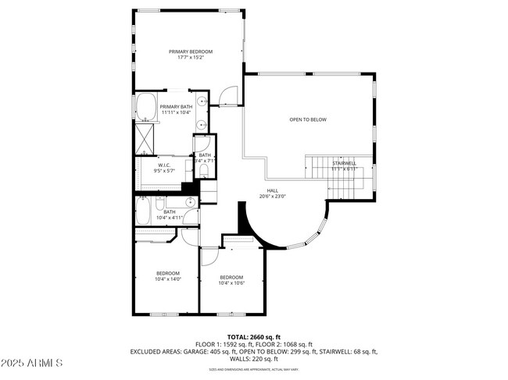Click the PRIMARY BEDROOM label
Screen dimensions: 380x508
pos(190,51)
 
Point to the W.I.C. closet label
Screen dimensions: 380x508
pos(164,165)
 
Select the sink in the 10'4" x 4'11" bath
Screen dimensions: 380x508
pos(191,211)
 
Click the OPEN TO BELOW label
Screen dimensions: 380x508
pos(308,119)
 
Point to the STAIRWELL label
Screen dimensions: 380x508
pos(344,163)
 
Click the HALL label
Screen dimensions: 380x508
pos(272,190)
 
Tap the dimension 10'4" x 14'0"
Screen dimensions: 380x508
pos(169,279)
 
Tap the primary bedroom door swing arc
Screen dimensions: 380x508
pos(227,96)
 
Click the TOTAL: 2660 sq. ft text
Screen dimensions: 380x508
pos(253,336)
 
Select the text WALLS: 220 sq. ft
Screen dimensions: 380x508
pos(253,360)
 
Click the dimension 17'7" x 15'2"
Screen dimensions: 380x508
pos(190,58)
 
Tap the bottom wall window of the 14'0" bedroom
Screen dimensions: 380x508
pos(166,314)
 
